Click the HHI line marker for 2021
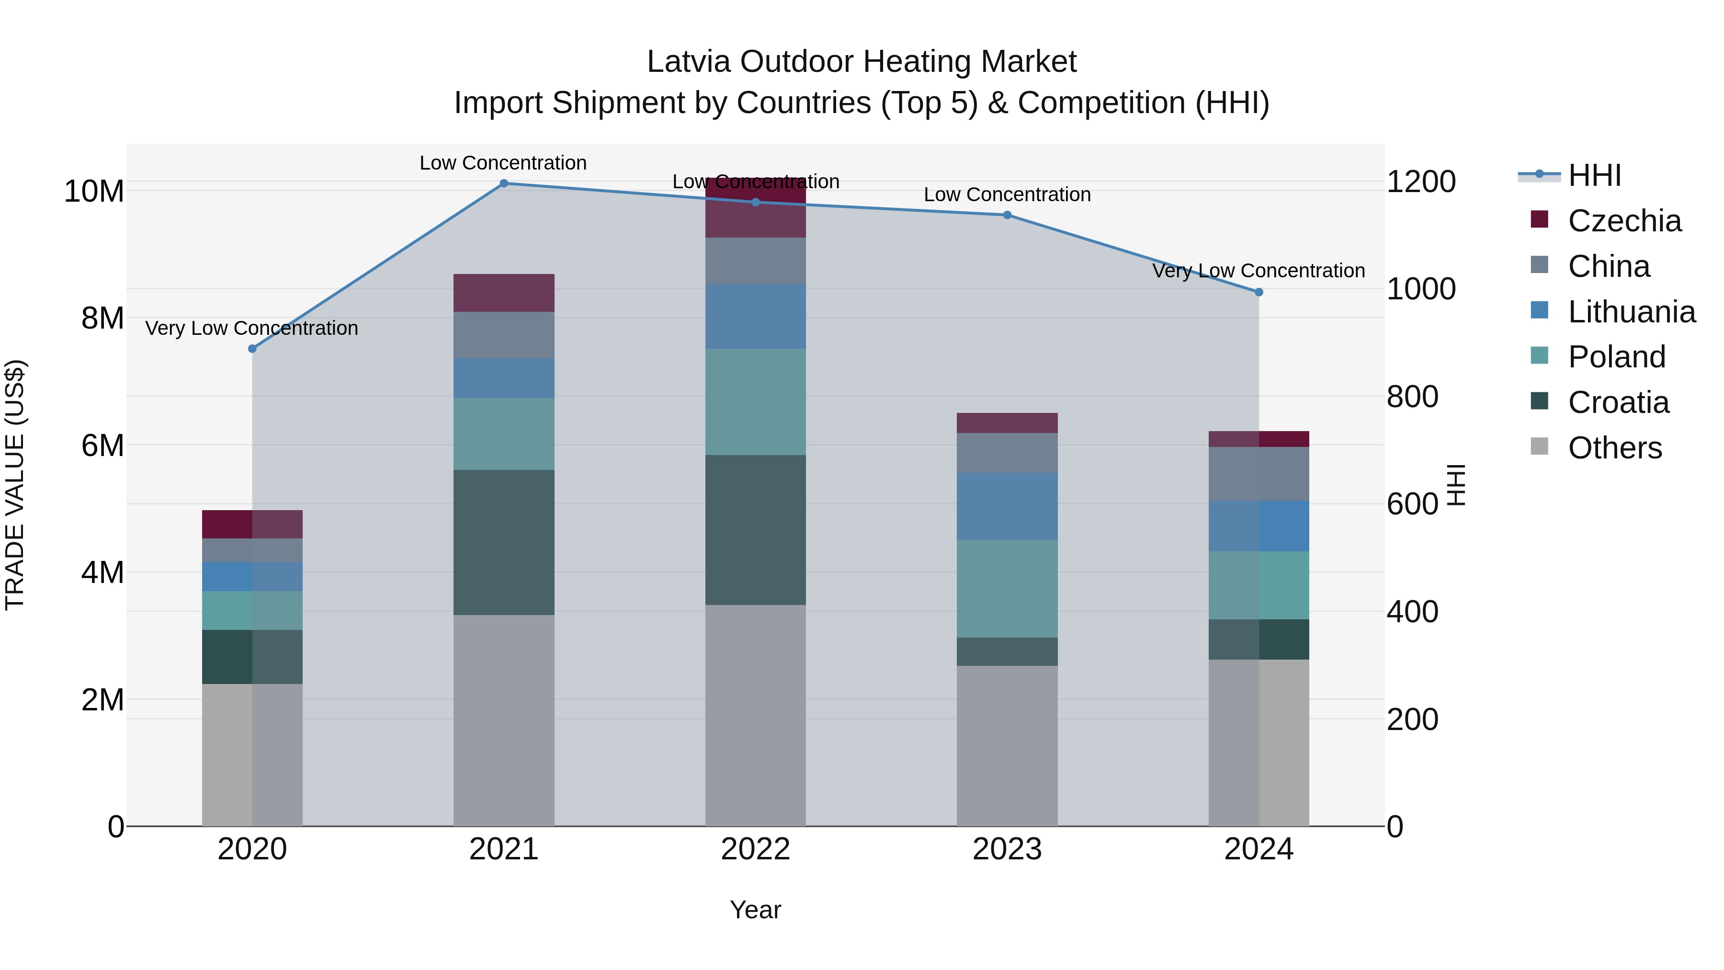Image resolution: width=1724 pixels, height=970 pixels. [x=504, y=183]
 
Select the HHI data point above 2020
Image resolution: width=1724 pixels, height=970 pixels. [x=252, y=349]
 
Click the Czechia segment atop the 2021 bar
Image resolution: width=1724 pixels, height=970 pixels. [x=504, y=293]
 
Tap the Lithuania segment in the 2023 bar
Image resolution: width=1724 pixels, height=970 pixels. [x=1007, y=506]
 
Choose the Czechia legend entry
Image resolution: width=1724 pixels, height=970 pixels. [x=1623, y=221]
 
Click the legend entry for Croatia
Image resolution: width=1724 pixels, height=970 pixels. [x=1618, y=402]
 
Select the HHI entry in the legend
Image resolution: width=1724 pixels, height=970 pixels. [x=1594, y=175]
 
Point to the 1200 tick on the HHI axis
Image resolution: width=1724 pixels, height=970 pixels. [x=1421, y=182]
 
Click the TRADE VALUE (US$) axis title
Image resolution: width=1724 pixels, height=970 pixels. [x=15, y=485]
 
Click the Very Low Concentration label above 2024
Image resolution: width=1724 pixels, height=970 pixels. [x=1258, y=271]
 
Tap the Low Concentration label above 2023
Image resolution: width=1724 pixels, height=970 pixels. [x=1007, y=195]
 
